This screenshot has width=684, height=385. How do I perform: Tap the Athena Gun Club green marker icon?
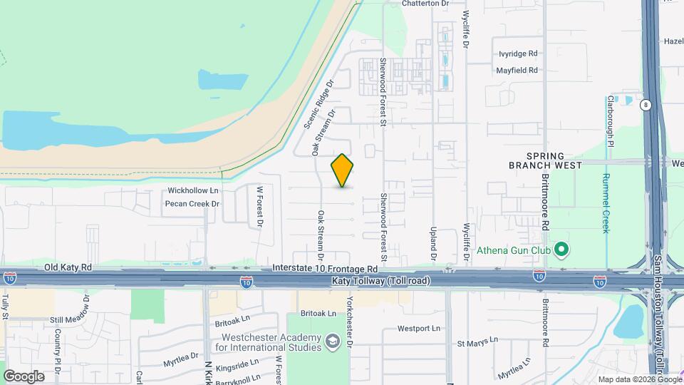coord(561,249)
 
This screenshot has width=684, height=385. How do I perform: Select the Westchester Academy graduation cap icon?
coord(331,342)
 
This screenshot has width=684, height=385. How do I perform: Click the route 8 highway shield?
coord(646,105)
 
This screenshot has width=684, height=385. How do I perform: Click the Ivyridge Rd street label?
coord(518,53)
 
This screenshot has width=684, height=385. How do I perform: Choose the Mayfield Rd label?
coord(517,71)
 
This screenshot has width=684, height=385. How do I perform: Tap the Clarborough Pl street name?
coord(610,121)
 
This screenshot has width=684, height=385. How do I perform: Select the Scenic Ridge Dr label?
coord(318,104)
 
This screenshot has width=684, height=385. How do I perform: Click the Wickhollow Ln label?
coord(192,191)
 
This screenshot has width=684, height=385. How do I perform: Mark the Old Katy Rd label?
coord(68,268)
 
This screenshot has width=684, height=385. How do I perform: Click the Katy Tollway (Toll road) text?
coord(381,282)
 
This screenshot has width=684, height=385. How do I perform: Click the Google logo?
coord(24,376)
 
